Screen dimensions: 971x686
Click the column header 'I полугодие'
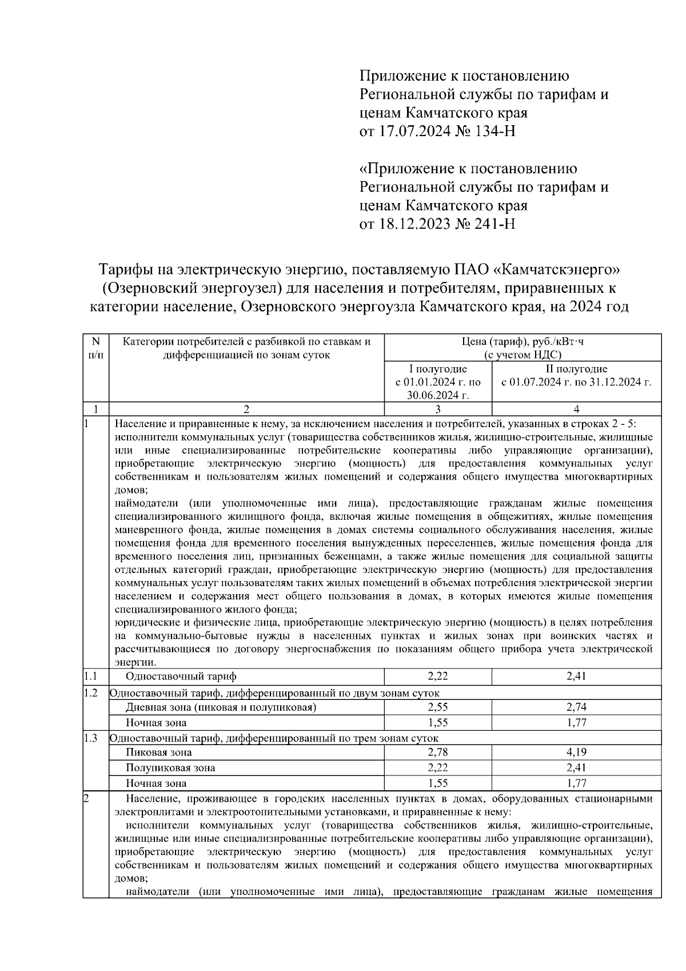[x=438, y=369]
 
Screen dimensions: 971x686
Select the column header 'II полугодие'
[x=576, y=369]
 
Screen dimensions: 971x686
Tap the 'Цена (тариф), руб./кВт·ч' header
[x=523, y=342]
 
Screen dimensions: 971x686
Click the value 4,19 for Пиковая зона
[x=576, y=752]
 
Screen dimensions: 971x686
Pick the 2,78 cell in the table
[x=438, y=752]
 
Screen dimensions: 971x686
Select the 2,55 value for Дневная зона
[x=438, y=707]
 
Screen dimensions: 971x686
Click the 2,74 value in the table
[x=576, y=707]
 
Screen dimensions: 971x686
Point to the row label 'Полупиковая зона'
[x=170, y=767]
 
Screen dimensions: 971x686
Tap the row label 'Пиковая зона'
[x=158, y=752]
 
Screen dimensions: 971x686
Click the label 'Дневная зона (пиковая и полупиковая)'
[x=221, y=707]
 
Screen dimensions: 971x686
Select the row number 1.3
[x=91, y=738]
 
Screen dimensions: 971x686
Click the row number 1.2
[x=91, y=693]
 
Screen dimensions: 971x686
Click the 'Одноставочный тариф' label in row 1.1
[x=181, y=676]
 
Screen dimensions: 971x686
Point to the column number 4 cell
[x=576, y=409]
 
